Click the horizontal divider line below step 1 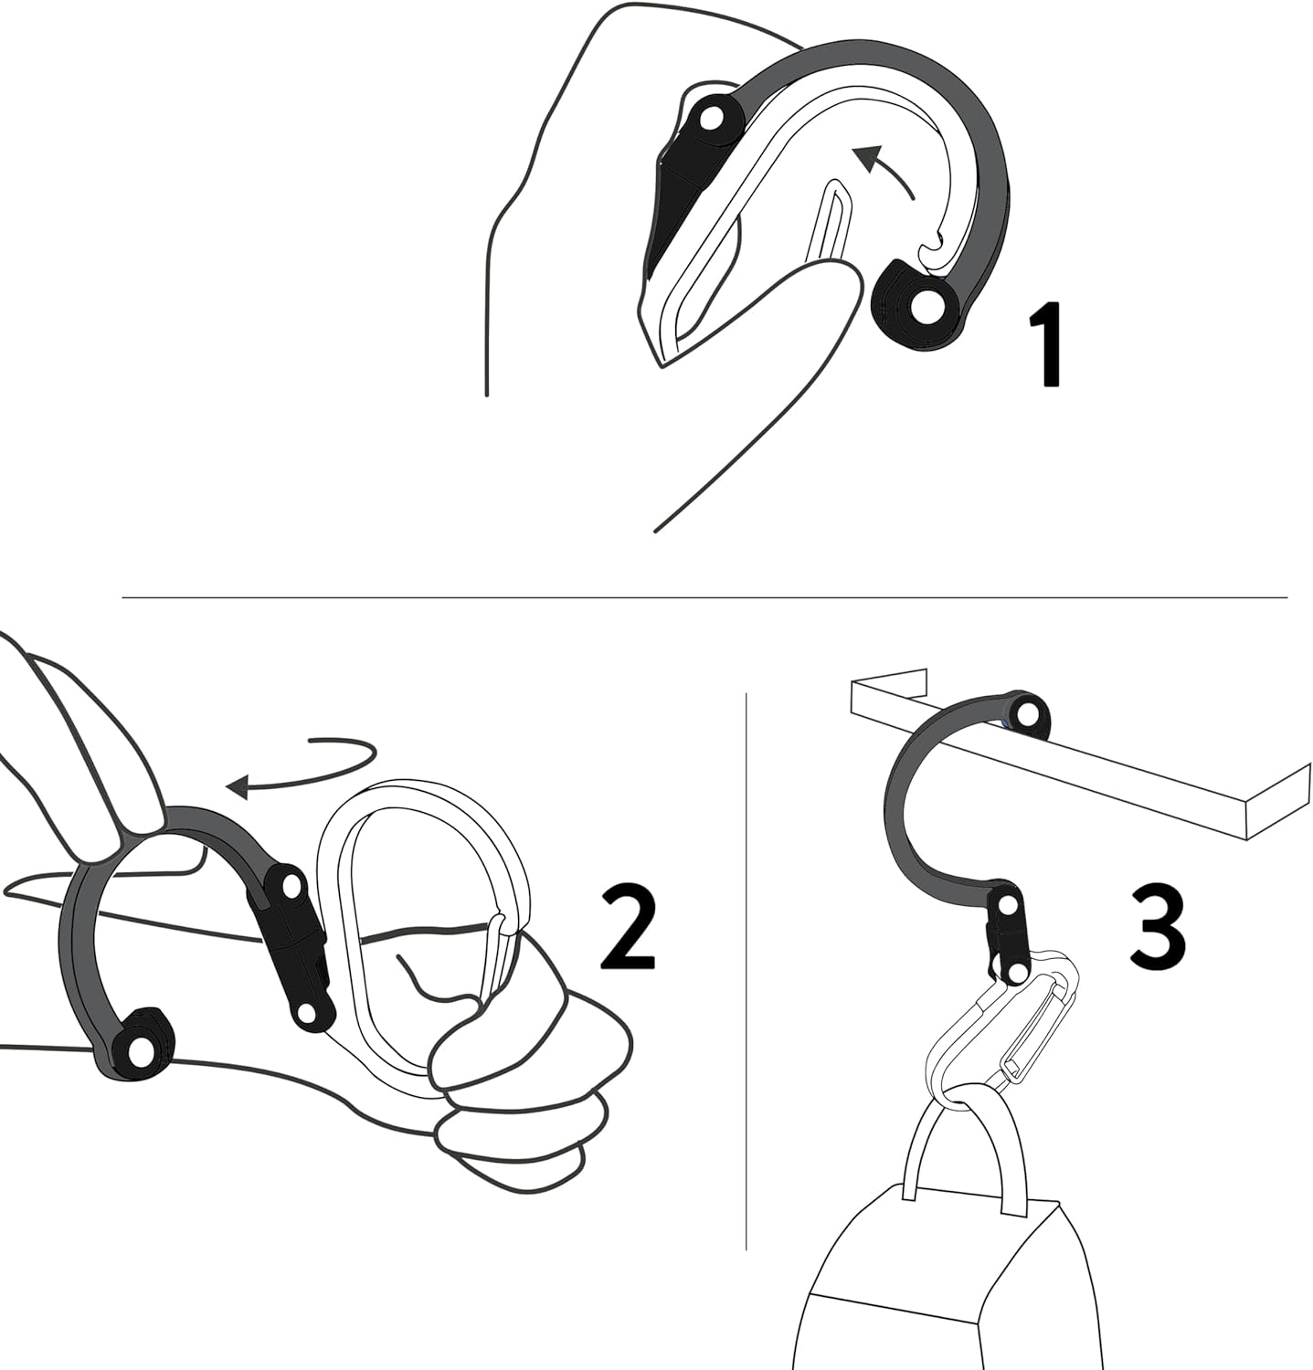[704, 598]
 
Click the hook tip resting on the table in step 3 [1027, 711]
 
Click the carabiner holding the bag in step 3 [996, 1032]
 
